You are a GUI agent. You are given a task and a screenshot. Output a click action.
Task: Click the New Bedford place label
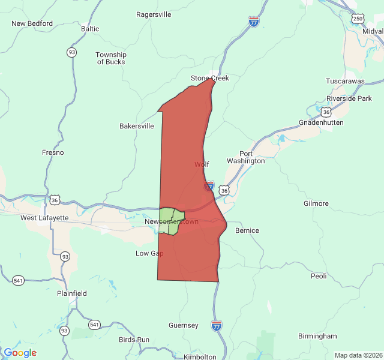coord(32,24)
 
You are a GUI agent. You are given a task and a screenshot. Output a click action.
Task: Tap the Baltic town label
coord(90,28)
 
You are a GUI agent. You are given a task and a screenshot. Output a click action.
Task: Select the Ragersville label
coord(154,14)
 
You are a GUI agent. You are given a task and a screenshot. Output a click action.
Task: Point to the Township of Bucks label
coord(111,58)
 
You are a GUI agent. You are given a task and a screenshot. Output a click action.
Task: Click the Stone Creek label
coord(210,78)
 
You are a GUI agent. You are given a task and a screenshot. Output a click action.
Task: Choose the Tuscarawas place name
coord(345,81)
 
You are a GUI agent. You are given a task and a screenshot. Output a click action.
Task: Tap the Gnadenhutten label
coord(324,122)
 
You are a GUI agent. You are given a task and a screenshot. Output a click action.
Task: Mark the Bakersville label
coord(137,126)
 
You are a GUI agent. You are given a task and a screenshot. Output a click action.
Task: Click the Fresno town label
coord(53,152)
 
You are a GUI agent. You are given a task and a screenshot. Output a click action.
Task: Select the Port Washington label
coord(245,157)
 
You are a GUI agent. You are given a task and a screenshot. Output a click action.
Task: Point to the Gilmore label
coord(316,203)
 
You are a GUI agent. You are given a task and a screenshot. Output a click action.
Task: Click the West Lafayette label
coord(44,218)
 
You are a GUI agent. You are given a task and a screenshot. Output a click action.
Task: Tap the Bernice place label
coord(247,230)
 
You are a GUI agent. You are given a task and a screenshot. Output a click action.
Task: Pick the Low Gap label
coord(149,253)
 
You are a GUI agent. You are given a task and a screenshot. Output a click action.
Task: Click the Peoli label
coord(319,277)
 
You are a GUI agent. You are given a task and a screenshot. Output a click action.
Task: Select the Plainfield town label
coord(72,293)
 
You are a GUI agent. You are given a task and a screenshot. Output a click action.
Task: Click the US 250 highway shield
coord(358,19)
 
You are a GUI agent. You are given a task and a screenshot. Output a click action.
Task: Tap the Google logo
coord(20,353)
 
